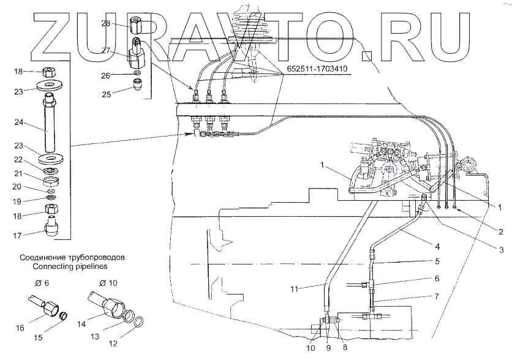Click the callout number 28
105,24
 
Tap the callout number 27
105,51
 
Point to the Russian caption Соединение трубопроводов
73,258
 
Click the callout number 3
500,250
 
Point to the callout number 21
18,173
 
